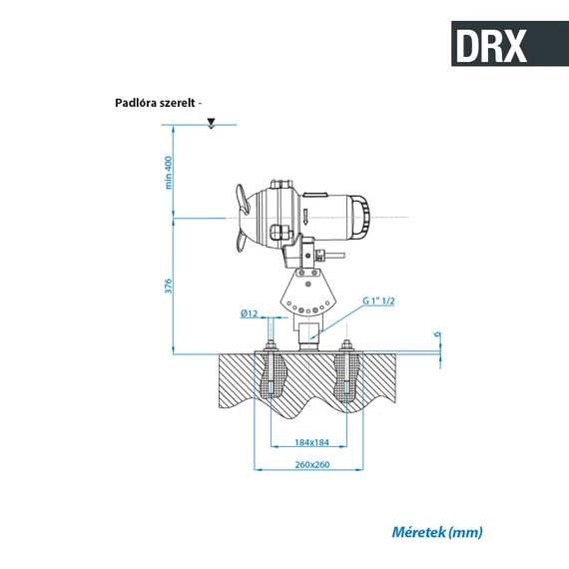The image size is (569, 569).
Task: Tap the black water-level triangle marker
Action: [x=210, y=123]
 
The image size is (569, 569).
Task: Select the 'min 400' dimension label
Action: [x=169, y=171]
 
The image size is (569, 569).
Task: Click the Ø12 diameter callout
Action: [x=250, y=312]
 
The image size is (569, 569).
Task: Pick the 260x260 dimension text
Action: [x=311, y=465]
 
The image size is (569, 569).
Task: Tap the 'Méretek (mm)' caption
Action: [x=437, y=532]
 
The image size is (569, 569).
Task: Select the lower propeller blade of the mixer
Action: [x=241, y=241]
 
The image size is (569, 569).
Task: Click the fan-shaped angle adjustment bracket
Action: [x=307, y=292]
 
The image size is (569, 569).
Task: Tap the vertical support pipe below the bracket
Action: [x=308, y=328]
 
